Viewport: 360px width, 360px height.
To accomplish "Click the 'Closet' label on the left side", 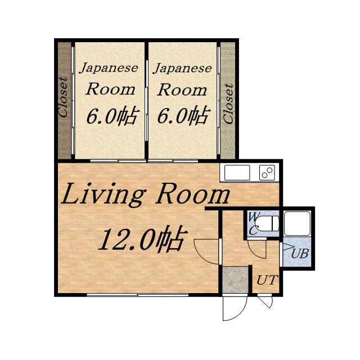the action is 63,97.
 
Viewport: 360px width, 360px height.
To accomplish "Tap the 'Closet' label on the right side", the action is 228,103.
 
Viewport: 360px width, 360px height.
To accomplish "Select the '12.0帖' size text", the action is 141,238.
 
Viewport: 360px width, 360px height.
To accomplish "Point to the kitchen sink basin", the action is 237,173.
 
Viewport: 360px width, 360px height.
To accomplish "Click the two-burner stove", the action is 267,173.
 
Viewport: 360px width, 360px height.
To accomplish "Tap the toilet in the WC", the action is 267,223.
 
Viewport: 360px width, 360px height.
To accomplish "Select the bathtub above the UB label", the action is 297,223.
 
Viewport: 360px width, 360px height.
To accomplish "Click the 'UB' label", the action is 300,254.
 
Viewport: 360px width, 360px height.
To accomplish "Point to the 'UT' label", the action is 267,280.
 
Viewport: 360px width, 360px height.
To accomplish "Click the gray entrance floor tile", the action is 235,280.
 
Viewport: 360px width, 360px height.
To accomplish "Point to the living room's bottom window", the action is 138,295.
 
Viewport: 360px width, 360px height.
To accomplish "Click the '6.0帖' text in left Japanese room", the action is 112,116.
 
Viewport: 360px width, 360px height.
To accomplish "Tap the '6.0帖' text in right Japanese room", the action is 184,116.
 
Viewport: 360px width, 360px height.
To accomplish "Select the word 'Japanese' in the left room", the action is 109,67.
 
